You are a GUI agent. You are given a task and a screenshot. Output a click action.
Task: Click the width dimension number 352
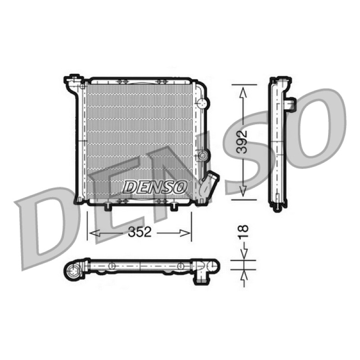point(140,232)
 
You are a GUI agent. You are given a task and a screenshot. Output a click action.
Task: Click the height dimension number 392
point(242,142)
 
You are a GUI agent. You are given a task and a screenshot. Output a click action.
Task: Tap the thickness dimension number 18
point(243,232)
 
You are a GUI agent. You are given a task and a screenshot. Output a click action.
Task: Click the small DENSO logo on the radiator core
point(154,186)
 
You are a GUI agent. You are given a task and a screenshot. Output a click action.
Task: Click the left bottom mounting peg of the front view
point(108,206)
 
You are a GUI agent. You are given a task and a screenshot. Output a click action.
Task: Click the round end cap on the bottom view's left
point(73,272)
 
